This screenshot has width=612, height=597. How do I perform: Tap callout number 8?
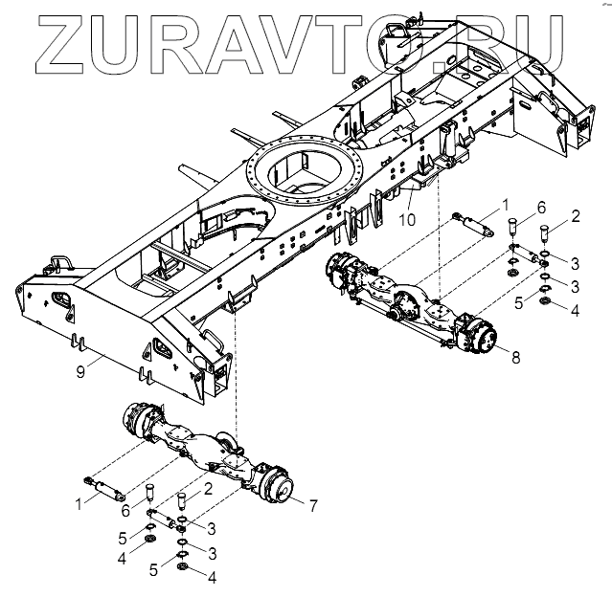click(516, 357)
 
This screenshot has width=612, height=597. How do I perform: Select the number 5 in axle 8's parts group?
click(517, 302)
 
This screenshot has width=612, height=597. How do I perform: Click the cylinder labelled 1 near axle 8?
click(471, 226)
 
